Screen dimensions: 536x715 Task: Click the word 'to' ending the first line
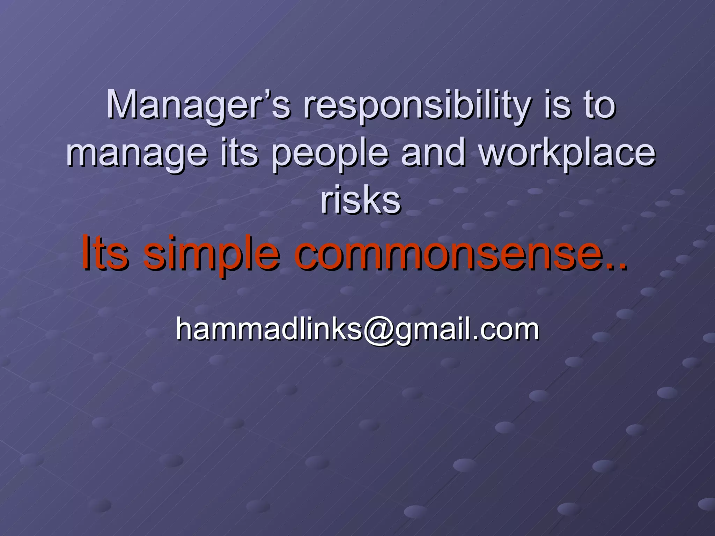click(600, 105)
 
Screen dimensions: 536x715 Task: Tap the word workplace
click(568, 154)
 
